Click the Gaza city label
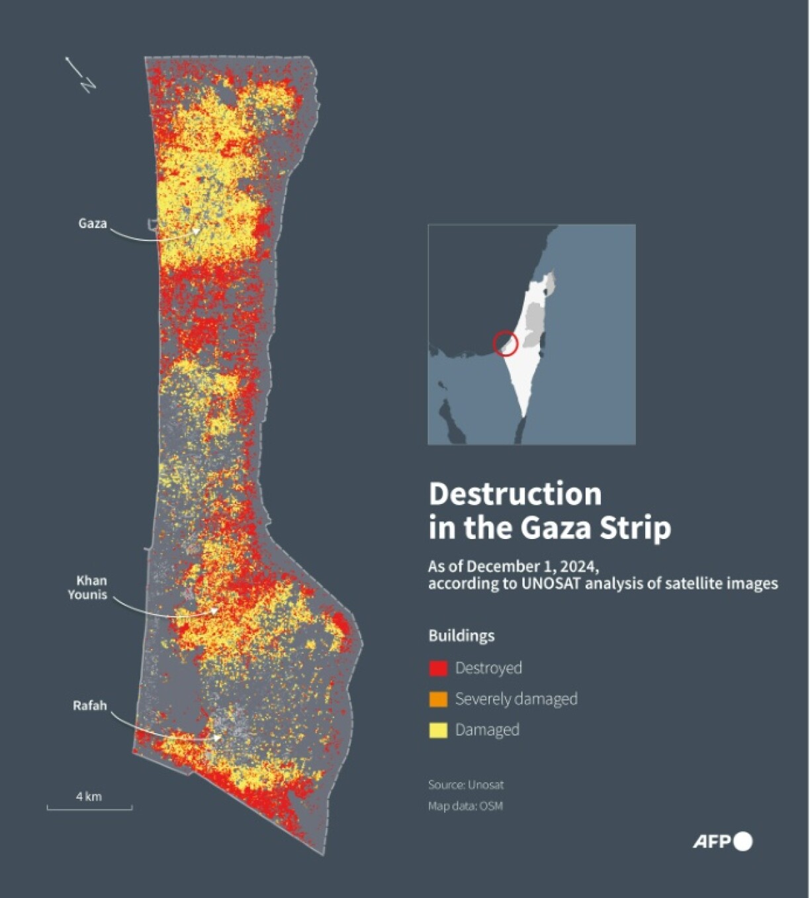pyautogui.click(x=92, y=224)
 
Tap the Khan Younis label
pyautogui.click(x=87, y=587)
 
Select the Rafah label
pyautogui.click(x=89, y=706)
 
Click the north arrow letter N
pyautogui.click(x=88, y=85)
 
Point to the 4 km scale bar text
pyautogui.click(x=89, y=797)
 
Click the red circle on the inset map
pyautogui.click(x=505, y=343)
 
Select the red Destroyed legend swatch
pyautogui.click(x=438, y=668)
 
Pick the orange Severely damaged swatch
pyautogui.click(x=438, y=699)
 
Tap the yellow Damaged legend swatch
pyautogui.click(x=438, y=730)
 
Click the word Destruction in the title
pyautogui.click(x=515, y=495)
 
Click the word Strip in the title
pyautogui.click(x=635, y=528)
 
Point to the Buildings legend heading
pyautogui.click(x=461, y=636)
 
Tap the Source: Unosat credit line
pyautogui.click(x=465, y=785)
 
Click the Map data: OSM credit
pyautogui.click(x=465, y=806)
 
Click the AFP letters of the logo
pyautogui.click(x=711, y=842)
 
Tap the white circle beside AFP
pyautogui.click(x=743, y=842)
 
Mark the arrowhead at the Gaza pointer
pyautogui.click(x=196, y=231)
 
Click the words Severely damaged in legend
pyautogui.click(x=516, y=699)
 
